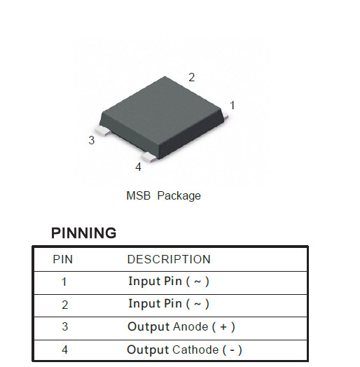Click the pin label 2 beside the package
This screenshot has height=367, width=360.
click(x=191, y=78)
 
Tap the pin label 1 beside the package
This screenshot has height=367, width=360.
click(x=233, y=105)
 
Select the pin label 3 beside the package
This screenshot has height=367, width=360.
click(x=92, y=140)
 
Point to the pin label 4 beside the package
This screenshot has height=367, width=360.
click(x=139, y=167)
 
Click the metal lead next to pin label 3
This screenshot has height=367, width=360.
click(x=103, y=130)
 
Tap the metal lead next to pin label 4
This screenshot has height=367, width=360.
click(x=150, y=157)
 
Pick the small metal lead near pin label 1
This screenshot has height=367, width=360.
click(x=226, y=116)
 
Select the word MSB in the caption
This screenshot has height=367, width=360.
click(x=139, y=195)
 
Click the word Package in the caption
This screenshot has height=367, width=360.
click(x=179, y=196)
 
